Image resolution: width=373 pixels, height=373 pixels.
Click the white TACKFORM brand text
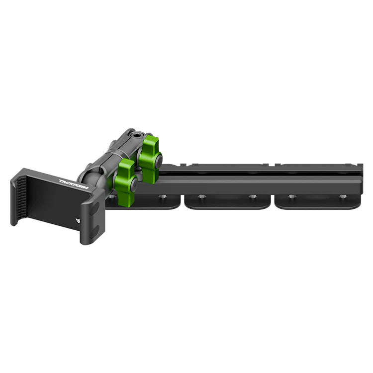[x=74, y=185]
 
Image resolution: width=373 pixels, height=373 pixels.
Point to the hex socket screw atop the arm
[x=137, y=136]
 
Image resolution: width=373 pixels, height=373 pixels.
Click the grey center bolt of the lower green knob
[x=134, y=184]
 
